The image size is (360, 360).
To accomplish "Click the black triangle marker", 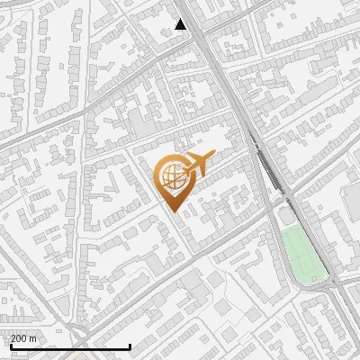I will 181,24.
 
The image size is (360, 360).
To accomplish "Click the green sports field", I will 302,254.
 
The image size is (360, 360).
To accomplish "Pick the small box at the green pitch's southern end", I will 313,278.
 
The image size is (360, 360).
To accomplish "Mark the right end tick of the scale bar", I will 130,345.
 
